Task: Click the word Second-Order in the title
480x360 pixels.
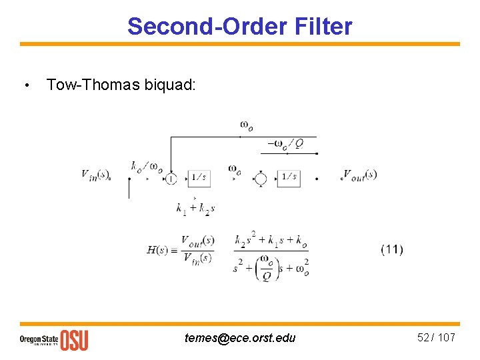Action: pos(205,27)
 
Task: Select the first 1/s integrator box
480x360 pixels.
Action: pos(199,178)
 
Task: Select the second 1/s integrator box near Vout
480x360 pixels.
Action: pos(289,178)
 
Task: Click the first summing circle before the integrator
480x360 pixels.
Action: pos(171,179)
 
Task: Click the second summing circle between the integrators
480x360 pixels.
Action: pos(261,179)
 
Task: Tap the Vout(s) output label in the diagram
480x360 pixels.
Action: pos(359,175)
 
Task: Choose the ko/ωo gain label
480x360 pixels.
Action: pos(147,167)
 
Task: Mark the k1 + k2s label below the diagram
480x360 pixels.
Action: pos(195,209)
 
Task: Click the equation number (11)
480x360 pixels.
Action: pos(391,249)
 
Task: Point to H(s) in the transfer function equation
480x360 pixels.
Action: pos(157,250)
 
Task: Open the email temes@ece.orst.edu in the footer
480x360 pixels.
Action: pos(240,338)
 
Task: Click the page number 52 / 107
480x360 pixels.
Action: pos(436,337)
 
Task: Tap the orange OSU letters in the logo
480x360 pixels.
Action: pos(74,339)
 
